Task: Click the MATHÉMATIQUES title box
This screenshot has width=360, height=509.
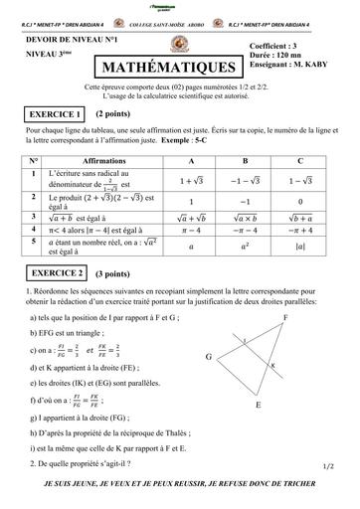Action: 166,67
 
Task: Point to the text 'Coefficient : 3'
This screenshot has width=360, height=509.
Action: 281,46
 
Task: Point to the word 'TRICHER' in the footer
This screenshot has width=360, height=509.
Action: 311,481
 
